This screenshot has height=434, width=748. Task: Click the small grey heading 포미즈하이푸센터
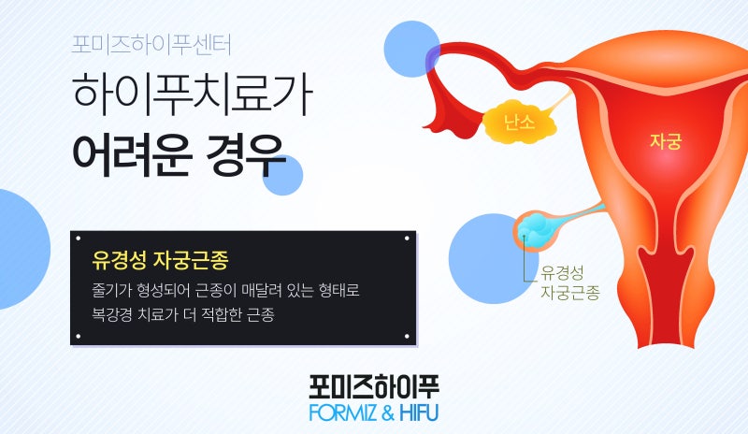tap(151, 44)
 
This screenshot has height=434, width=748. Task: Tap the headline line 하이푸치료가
tap(193, 94)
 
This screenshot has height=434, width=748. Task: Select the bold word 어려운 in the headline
tap(132, 155)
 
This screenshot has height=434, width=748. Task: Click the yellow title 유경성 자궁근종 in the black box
tap(160, 260)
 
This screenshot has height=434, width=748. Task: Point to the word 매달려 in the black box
tap(262, 290)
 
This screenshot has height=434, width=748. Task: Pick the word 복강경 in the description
tap(111, 314)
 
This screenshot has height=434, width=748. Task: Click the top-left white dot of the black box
tap(79, 239)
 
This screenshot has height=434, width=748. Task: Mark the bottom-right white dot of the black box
tap(407, 337)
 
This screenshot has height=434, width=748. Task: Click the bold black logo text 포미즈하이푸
tap(374, 386)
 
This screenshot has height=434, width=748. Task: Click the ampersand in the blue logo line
tap(387, 413)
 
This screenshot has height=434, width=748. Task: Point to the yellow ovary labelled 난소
tap(520, 123)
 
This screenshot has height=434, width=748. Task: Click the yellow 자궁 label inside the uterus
tap(666, 141)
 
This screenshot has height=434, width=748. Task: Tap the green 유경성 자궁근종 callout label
tap(569, 282)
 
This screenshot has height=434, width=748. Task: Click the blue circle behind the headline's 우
tap(282, 175)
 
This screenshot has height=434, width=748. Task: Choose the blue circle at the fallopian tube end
tap(411, 50)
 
